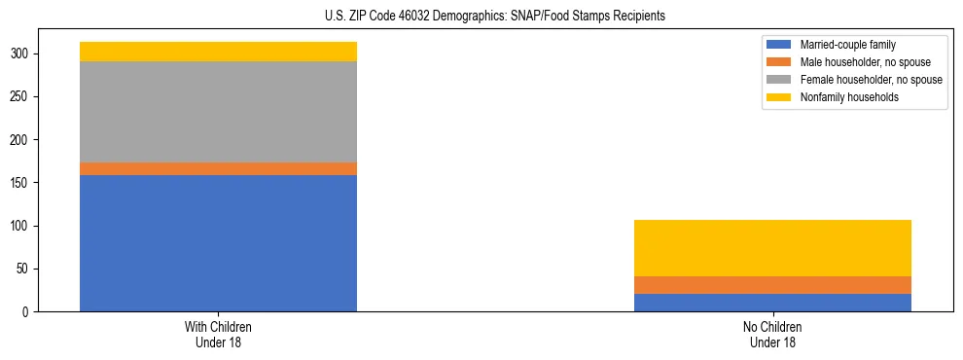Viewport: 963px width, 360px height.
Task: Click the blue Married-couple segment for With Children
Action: pyautogui.click(x=218, y=243)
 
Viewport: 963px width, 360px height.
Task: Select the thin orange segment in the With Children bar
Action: pyautogui.click(x=218, y=169)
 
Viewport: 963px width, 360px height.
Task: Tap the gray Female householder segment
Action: pyautogui.click(x=218, y=112)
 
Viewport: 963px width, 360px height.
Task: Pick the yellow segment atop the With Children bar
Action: pyautogui.click(x=218, y=52)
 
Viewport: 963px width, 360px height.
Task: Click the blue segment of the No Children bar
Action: pyautogui.click(x=772, y=303)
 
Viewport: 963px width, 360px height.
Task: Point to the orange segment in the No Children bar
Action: pyautogui.click(x=772, y=285)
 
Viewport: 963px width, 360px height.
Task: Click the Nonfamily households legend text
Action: pyautogui.click(x=848, y=97)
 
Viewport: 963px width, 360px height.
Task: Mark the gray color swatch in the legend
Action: pyautogui.click(x=779, y=80)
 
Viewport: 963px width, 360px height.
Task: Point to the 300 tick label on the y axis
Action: pyautogui.click(x=20, y=54)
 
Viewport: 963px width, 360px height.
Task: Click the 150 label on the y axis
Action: pyautogui.click(x=20, y=183)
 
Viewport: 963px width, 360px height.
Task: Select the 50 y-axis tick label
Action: pyautogui.click(x=23, y=270)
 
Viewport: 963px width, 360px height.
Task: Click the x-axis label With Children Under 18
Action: pyautogui.click(x=218, y=335)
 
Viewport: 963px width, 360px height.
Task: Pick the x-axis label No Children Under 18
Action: pyautogui.click(x=772, y=335)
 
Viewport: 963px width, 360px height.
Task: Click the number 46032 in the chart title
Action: pyautogui.click(x=415, y=17)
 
